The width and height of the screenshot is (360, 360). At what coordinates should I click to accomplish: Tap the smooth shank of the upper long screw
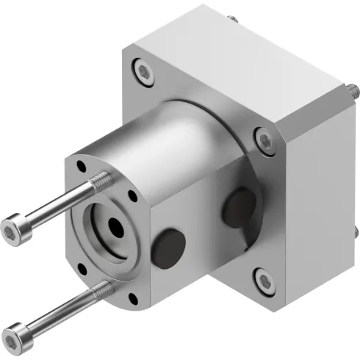pyautogui.click(x=59, y=204)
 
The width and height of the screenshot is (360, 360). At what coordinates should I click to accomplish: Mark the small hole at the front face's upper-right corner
pyautogui.click(x=132, y=196)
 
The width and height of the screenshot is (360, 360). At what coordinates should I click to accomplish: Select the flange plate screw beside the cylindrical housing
pyautogui.click(x=262, y=137)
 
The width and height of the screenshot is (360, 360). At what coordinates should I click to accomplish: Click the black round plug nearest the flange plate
pyautogui.click(x=239, y=207)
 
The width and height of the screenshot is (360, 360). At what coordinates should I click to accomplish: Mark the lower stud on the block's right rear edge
pyautogui.click(x=355, y=234)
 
